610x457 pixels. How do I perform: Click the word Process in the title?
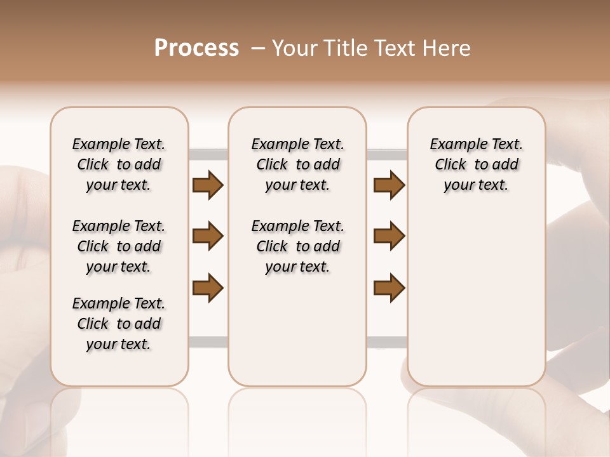(x=196, y=48)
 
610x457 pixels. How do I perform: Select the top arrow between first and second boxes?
(x=208, y=185)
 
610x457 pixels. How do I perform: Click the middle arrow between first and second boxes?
(x=208, y=237)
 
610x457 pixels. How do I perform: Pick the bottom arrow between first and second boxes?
(x=208, y=288)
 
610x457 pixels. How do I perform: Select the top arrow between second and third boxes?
(x=389, y=185)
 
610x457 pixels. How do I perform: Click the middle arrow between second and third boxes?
(x=389, y=236)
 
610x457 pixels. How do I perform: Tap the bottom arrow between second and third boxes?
(x=389, y=288)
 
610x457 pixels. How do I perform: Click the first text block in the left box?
(x=119, y=164)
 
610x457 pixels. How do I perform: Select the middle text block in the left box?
(x=119, y=246)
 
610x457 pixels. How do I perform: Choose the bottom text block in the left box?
(x=119, y=324)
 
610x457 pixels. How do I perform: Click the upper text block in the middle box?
(x=297, y=164)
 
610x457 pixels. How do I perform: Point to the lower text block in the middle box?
(x=297, y=246)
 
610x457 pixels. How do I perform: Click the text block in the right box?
(x=477, y=164)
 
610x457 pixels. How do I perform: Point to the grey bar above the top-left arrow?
(x=208, y=154)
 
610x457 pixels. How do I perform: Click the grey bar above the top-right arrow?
(x=387, y=154)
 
